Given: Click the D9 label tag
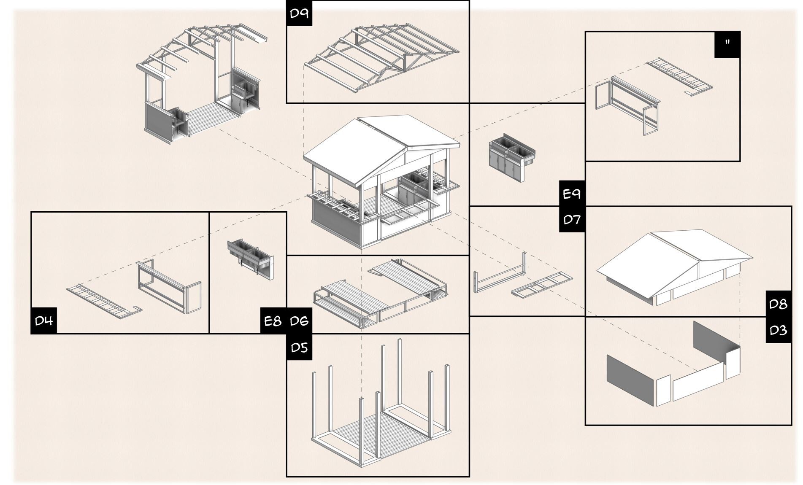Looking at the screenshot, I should click(299, 13).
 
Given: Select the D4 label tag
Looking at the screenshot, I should click(43, 321).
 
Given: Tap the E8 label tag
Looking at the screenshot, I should click(273, 321).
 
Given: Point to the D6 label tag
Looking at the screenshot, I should click(299, 321).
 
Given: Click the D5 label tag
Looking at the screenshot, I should click(299, 348).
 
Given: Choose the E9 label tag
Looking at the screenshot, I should click(572, 194).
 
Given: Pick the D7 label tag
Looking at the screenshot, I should click(572, 219).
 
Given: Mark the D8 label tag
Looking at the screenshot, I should click(778, 304).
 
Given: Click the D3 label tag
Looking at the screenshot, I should click(778, 330).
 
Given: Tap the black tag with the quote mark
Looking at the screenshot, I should click(727, 43).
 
